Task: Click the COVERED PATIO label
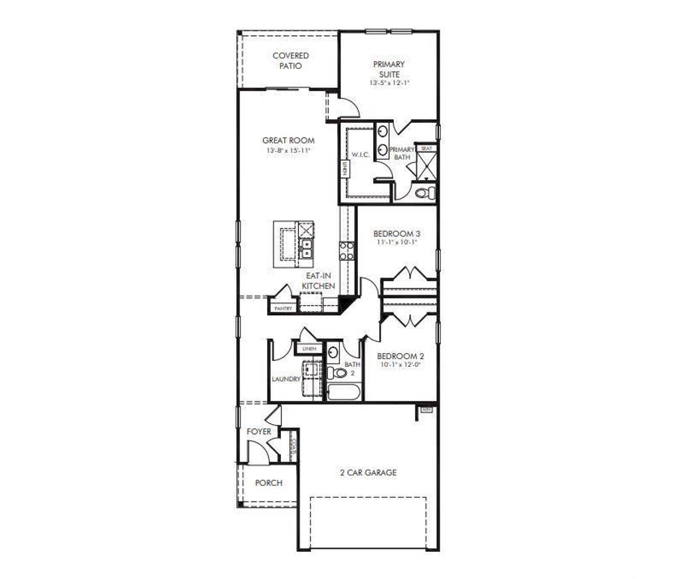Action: (290, 61)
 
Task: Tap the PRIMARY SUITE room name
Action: (388, 69)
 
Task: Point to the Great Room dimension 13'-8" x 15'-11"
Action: (288, 151)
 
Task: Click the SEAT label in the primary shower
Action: (426, 148)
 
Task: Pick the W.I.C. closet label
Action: (361, 154)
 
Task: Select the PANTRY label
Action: (284, 308)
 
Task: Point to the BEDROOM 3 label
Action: (396, 234)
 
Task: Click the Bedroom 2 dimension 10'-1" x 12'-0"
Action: (400, 365)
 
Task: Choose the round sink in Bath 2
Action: (333, 352)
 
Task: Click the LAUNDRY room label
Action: (286, 380)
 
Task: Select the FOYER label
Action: (259, 432)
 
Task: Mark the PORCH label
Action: (269, 483)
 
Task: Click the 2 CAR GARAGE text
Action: (368, 473)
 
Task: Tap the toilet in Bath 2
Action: (337, 373)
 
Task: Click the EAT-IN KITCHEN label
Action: (319, 281)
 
